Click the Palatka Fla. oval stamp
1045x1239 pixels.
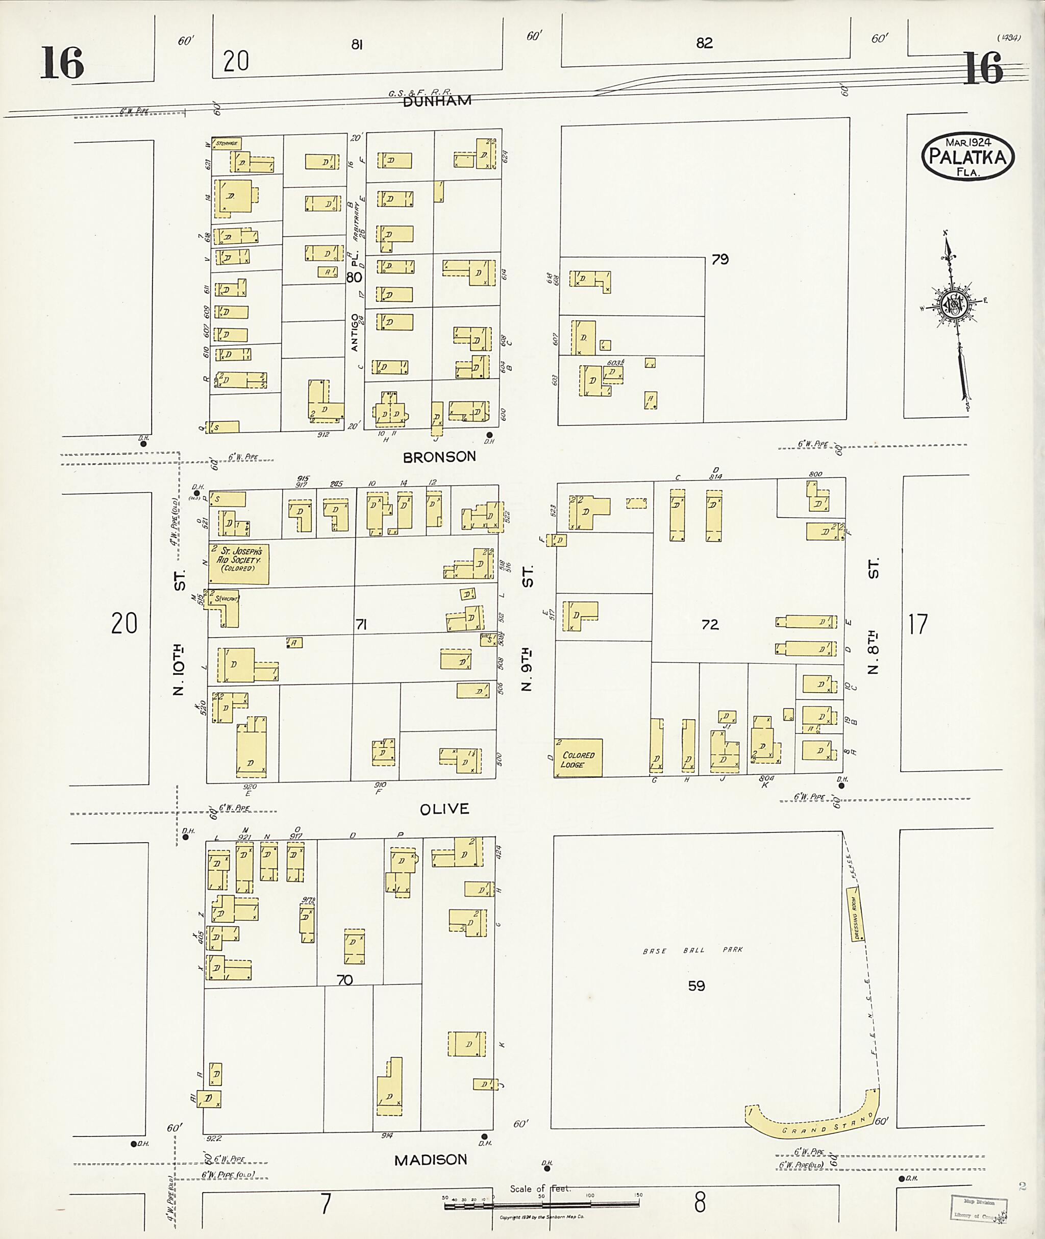click(x=967, y=157)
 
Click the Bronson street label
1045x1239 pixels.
click(x=439, y=457)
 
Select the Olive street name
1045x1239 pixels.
click(x=444, y=809)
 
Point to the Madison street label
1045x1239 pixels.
click(x=431, y=1159)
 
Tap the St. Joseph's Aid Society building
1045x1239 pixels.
click(x=239, y=564)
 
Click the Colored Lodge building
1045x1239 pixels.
click(x=579, y=757)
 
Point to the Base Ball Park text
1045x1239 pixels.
click(x=692, y=950)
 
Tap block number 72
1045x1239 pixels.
click(x=710, y=624)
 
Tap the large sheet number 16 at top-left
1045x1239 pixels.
click(x=62, y=63)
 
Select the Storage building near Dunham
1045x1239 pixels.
click(x=227, y=143)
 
